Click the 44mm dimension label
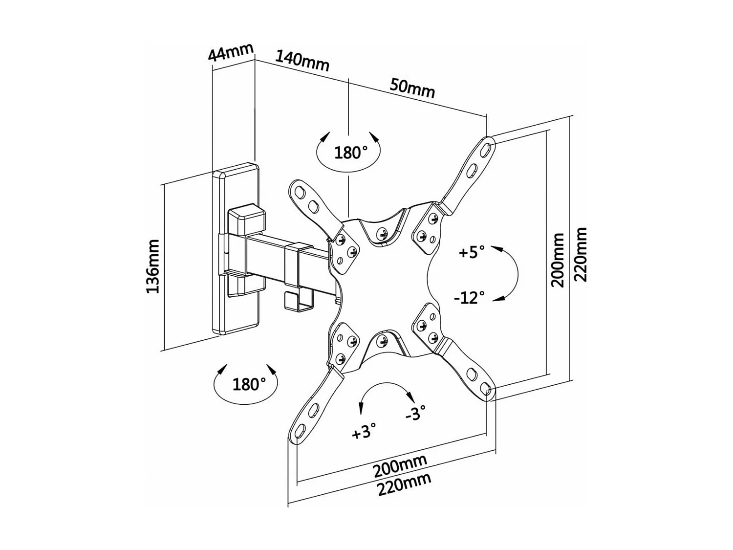tap(231, 52)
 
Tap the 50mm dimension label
tap(412, 88)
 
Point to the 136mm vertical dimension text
tap(153, 266)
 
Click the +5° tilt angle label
tap(472, 252)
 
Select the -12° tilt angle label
tap(469, 297)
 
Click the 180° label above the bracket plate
tap(350, 153)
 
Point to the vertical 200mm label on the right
tap(558, 260)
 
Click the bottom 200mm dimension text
tap(400, 466)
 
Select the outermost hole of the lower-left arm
tap(299, 432)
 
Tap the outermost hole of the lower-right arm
tap(486, 389)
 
